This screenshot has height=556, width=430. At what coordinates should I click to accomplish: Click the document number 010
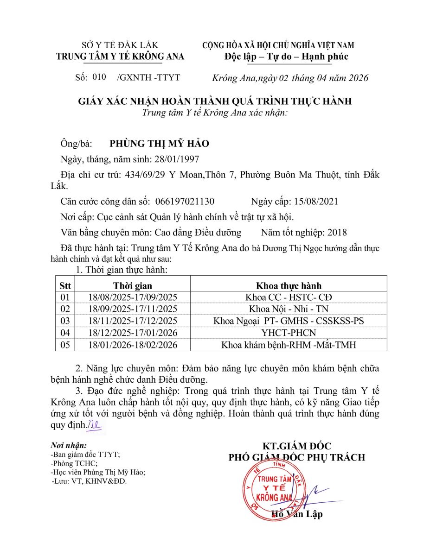click(99, 77)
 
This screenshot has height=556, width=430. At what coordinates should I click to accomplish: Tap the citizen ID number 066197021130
click(185, 202)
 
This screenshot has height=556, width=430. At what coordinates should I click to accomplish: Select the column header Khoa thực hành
click(289, 286)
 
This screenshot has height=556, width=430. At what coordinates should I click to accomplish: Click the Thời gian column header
click(133, 286)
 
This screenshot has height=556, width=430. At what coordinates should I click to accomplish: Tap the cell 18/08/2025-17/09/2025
click(133, 297)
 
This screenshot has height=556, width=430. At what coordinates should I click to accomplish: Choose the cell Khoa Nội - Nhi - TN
click(289, 309)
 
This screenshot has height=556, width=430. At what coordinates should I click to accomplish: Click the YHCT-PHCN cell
click(289, 333)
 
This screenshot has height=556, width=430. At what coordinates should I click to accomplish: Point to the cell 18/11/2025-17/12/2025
click(133, 321)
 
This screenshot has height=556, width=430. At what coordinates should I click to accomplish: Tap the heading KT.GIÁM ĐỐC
click(297, 446)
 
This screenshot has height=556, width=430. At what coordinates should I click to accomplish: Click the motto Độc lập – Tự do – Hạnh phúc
click(286, 57)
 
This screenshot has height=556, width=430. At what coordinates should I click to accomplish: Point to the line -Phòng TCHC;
click(74, 463)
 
